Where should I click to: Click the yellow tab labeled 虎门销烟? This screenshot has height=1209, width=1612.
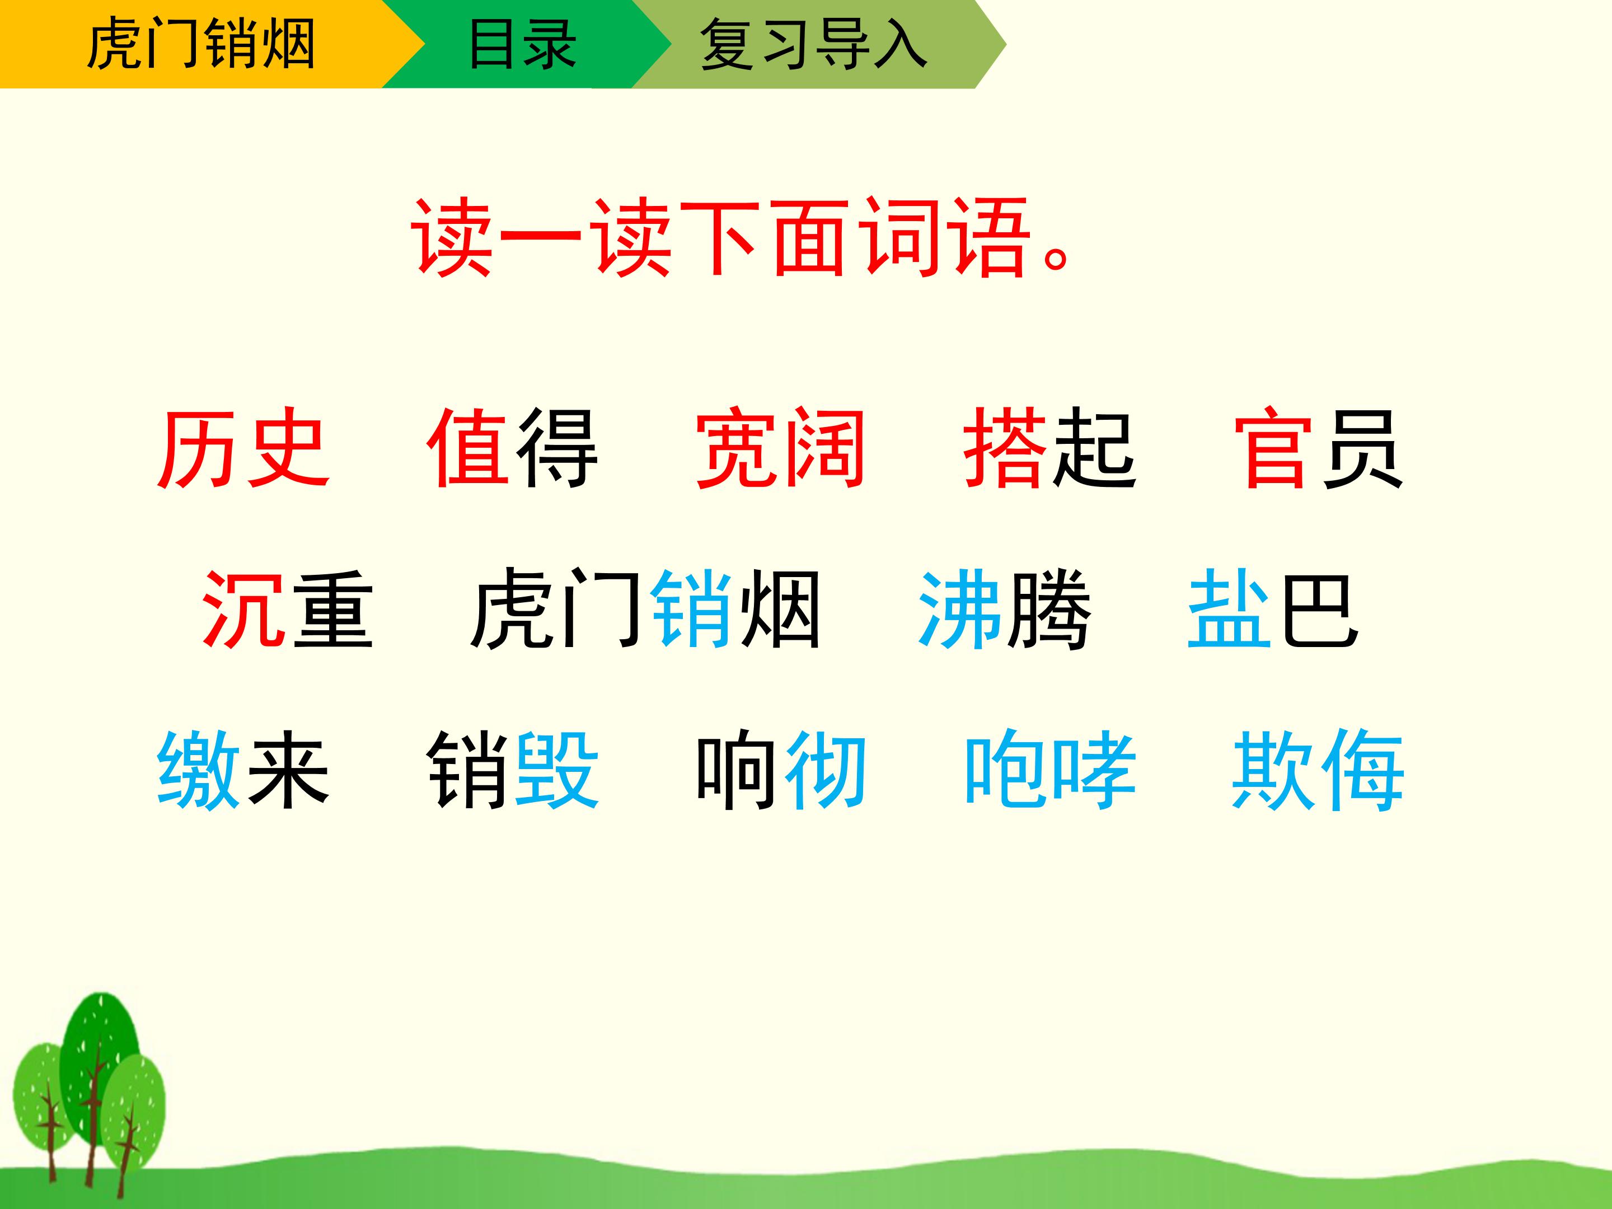(x=200, y=44)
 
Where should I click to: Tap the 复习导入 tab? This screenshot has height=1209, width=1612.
(x=813, y=44)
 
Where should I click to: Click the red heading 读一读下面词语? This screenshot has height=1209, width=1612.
(x=740, y=238)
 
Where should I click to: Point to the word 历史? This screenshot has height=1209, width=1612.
(x=243, y=448)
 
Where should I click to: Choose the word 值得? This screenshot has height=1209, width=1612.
(x=512, y=448)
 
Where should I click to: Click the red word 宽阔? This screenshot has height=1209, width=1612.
(x=780, y=448)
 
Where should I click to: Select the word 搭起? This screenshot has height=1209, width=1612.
(x=1049, y=448)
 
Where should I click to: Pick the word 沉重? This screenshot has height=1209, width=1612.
(x=287, y=609)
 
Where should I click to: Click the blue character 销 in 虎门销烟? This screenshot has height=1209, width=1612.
(x=691, y=609)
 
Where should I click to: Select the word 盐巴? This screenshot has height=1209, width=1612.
(x=1272, y=609)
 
